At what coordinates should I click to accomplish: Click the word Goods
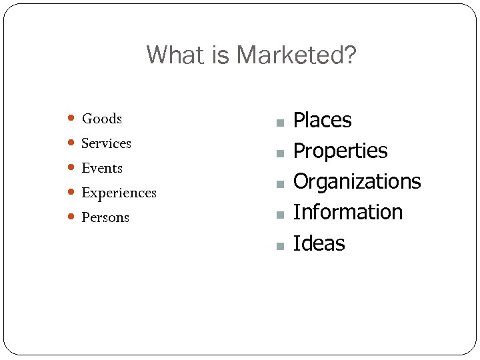click(101, 119)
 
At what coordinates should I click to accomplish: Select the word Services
click(106, 143)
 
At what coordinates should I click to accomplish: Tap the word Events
click(102, 168)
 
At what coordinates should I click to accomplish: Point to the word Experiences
click(119, 193)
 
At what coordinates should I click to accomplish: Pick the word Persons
click(105, 217)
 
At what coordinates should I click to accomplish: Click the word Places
click(322, 121)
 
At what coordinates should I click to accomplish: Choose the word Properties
click(340, 151)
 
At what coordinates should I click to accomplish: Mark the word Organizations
click(357, 181)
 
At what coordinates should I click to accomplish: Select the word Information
click(347, 212)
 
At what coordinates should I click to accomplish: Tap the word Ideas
click(319, 243)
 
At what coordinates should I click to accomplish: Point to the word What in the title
click(171, 55)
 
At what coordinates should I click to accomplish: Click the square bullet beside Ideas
click(281, 245)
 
